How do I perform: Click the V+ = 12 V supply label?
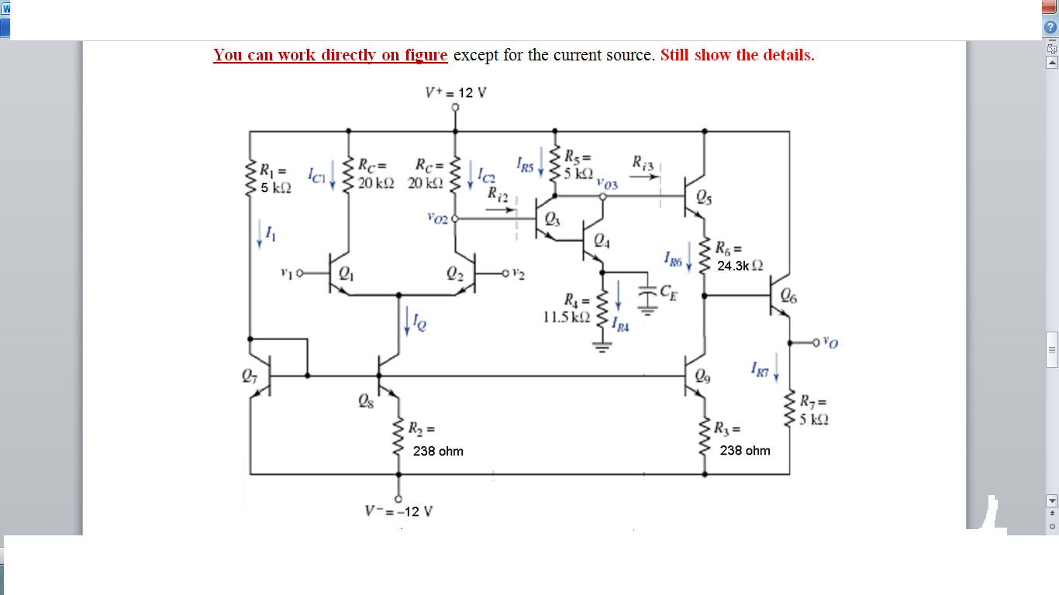[x=456, y=93]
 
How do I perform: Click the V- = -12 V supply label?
[x=398, y=511]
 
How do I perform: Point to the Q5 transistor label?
[x=702, y=197]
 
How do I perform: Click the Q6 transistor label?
[x=788, y=294]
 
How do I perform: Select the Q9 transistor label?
[x=702, y=377]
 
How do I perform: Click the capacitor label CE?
[x=667, y=291]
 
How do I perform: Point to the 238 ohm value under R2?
[x=438, y=451]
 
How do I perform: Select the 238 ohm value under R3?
[x=745, y=450]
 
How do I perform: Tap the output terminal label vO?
[x=830, y=340]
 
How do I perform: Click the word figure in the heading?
[x=426, y=55]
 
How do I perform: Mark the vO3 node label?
[x=608, y=184]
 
